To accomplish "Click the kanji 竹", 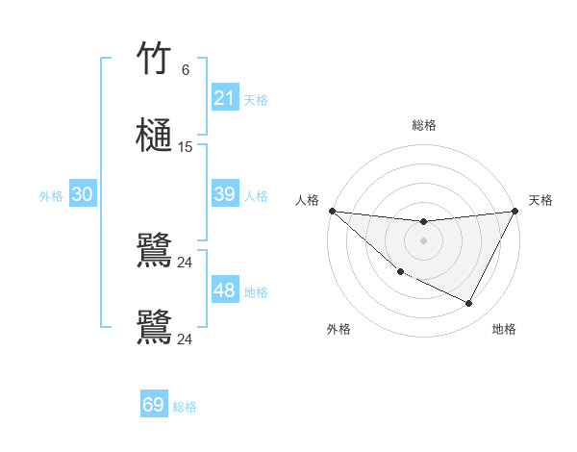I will point(154,59).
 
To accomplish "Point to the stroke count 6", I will point(186,70).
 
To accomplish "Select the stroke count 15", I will point(186,147).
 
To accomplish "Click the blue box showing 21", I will point(224,98).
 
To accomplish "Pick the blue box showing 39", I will point(224,194).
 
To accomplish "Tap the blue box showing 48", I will point(224,290).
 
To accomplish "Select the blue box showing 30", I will point(82,194).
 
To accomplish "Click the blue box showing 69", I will point(154,405).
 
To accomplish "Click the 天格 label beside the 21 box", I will point(256,99).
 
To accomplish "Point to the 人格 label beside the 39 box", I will point(256,195).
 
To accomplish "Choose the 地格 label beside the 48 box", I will point(256,291).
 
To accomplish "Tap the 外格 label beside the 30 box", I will point(51,195).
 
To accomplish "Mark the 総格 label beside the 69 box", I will point(185,407).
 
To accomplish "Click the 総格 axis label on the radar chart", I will point(423,125).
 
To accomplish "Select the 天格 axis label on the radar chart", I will point(540,200).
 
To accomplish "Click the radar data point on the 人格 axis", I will point(332,211).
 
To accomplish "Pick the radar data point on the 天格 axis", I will point(514,211).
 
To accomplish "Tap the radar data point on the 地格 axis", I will point(469,303).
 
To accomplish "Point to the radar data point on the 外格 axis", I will point(400,271).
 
